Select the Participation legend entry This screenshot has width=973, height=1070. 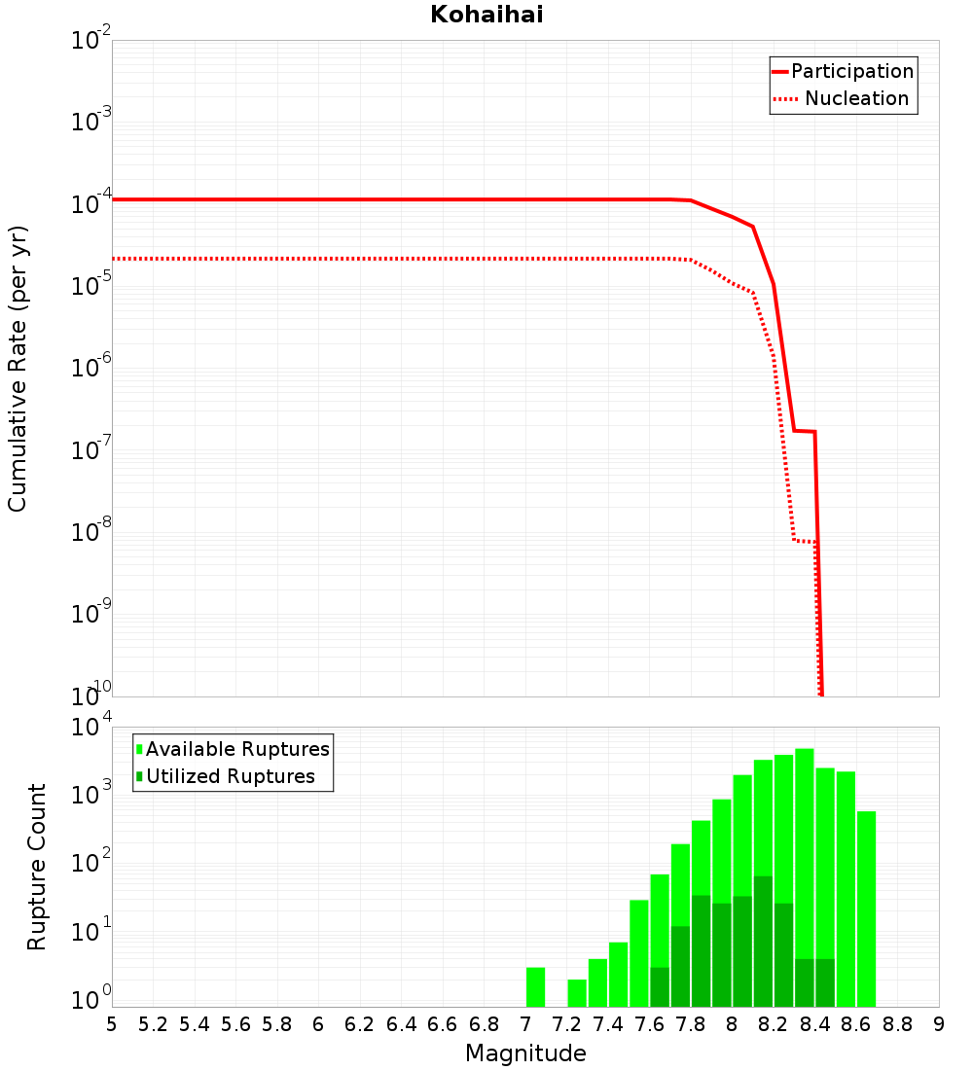tap(851, 71)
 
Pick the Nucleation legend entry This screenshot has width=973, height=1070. tap(856, 98)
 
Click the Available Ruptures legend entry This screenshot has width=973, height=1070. tap(237, 749)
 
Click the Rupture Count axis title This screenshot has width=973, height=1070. tap(37, 866)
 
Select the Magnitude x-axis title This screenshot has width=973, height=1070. tap(525, 1053)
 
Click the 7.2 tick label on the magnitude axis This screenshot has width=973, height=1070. tap(566, 1024)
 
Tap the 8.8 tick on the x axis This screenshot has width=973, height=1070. tap(897, 1024)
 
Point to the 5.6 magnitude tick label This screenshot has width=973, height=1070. tap(235, 1024)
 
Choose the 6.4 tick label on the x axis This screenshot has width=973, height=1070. tap(401, 1024)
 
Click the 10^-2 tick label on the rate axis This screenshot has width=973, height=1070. tap(91, 41)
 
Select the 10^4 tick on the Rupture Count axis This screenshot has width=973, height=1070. tap(91, 728)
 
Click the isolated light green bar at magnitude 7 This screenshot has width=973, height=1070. tap(535, 986)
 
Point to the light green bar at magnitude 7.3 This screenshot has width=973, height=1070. tap(577, 992)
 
